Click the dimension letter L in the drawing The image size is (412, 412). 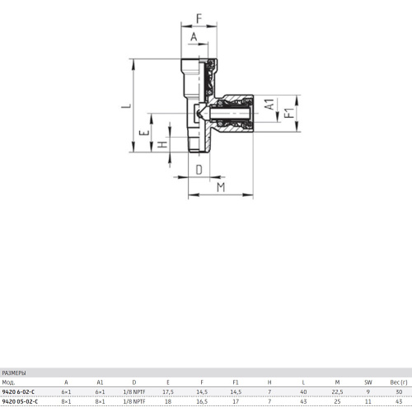click(x=127, y=105)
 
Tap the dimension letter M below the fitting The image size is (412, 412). click(x=221, y=187)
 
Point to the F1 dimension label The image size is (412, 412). click(x=289, y=113)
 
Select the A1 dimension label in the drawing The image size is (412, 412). click(x=269, y=105)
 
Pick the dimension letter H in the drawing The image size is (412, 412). click(x=162, y=144)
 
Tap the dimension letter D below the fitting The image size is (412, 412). click(x=199, y=170)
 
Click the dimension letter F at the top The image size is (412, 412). click(x=199, y=19)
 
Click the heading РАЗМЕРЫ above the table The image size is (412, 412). click(x=14, y=373)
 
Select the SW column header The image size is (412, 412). click(x=368, y=382)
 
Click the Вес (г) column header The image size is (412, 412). click(x=399, y=382)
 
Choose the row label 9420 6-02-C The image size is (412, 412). click(x=18, y=392)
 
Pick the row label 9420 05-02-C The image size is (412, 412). click(x=20, y=401)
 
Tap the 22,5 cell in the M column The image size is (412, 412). click(x=337, y=392)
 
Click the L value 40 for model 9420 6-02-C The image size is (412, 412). click(x=303, y=392)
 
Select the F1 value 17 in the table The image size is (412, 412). click(x=236, y=401)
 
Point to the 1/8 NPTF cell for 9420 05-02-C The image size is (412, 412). click(x=134, y=401)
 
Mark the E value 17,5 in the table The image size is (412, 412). click(x=168, y=392)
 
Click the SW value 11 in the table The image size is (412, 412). click(x=368, y=401)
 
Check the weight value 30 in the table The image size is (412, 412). click(x=399, y=392)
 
